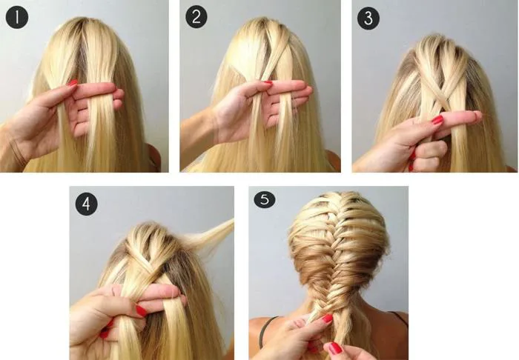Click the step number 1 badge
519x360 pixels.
(x=17, y=17)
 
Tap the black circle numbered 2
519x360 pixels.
(x=196, y=17)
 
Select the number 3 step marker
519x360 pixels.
(x=368, y=19)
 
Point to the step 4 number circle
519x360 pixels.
(x=87, y=204)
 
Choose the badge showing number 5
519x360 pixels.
(x=265, y=199)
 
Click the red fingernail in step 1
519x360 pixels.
(x=73, y=83)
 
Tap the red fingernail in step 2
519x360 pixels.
(x=268, y=84)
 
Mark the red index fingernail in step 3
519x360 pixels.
(x=437, y=120)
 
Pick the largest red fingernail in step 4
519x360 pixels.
(x=142, y=311)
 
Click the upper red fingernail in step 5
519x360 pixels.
(x=328, y=319)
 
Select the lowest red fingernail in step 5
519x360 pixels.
(x=335, y=348)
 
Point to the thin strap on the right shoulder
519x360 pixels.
(x=398, y=317)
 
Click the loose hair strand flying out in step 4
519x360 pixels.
(x=209, y=234)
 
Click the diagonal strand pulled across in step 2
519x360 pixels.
(x=274, y=56)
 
